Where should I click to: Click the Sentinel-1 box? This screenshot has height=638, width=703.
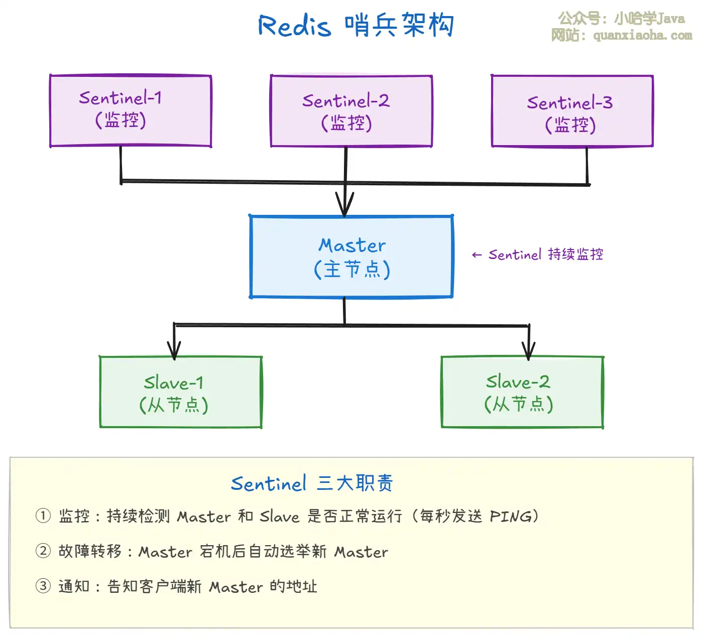tap(131, 110)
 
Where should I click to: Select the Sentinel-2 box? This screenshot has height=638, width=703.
tap(351, 111)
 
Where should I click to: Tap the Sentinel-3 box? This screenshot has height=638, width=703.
tap(572, 111)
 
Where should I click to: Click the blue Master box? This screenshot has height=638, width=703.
tap(351, 257)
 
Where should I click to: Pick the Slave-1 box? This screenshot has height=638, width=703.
tap(181, 392)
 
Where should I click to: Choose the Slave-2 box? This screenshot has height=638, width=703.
tap(522, 392)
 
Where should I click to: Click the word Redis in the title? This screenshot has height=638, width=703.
tap(294, 26)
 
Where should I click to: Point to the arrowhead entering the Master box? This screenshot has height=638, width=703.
tap(344, 207)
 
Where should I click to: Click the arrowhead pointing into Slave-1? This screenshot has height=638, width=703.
tap(174, 350)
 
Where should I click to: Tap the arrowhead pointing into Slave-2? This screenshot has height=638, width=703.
tap(528, 350)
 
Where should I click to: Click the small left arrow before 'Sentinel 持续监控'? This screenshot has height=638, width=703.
tap(477, 255)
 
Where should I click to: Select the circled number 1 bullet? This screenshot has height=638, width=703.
tap(43, 516)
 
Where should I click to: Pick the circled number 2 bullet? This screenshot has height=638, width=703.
tap(43, 551)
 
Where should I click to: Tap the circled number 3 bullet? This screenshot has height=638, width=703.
tap(43, 586)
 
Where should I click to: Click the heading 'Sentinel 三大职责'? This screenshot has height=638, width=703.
tap(311, 483)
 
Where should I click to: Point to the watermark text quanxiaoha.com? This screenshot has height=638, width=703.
tap(642, 36)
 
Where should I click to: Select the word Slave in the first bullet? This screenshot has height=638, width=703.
tap(279, 517)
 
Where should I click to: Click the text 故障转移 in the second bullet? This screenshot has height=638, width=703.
tap(90, 551)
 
